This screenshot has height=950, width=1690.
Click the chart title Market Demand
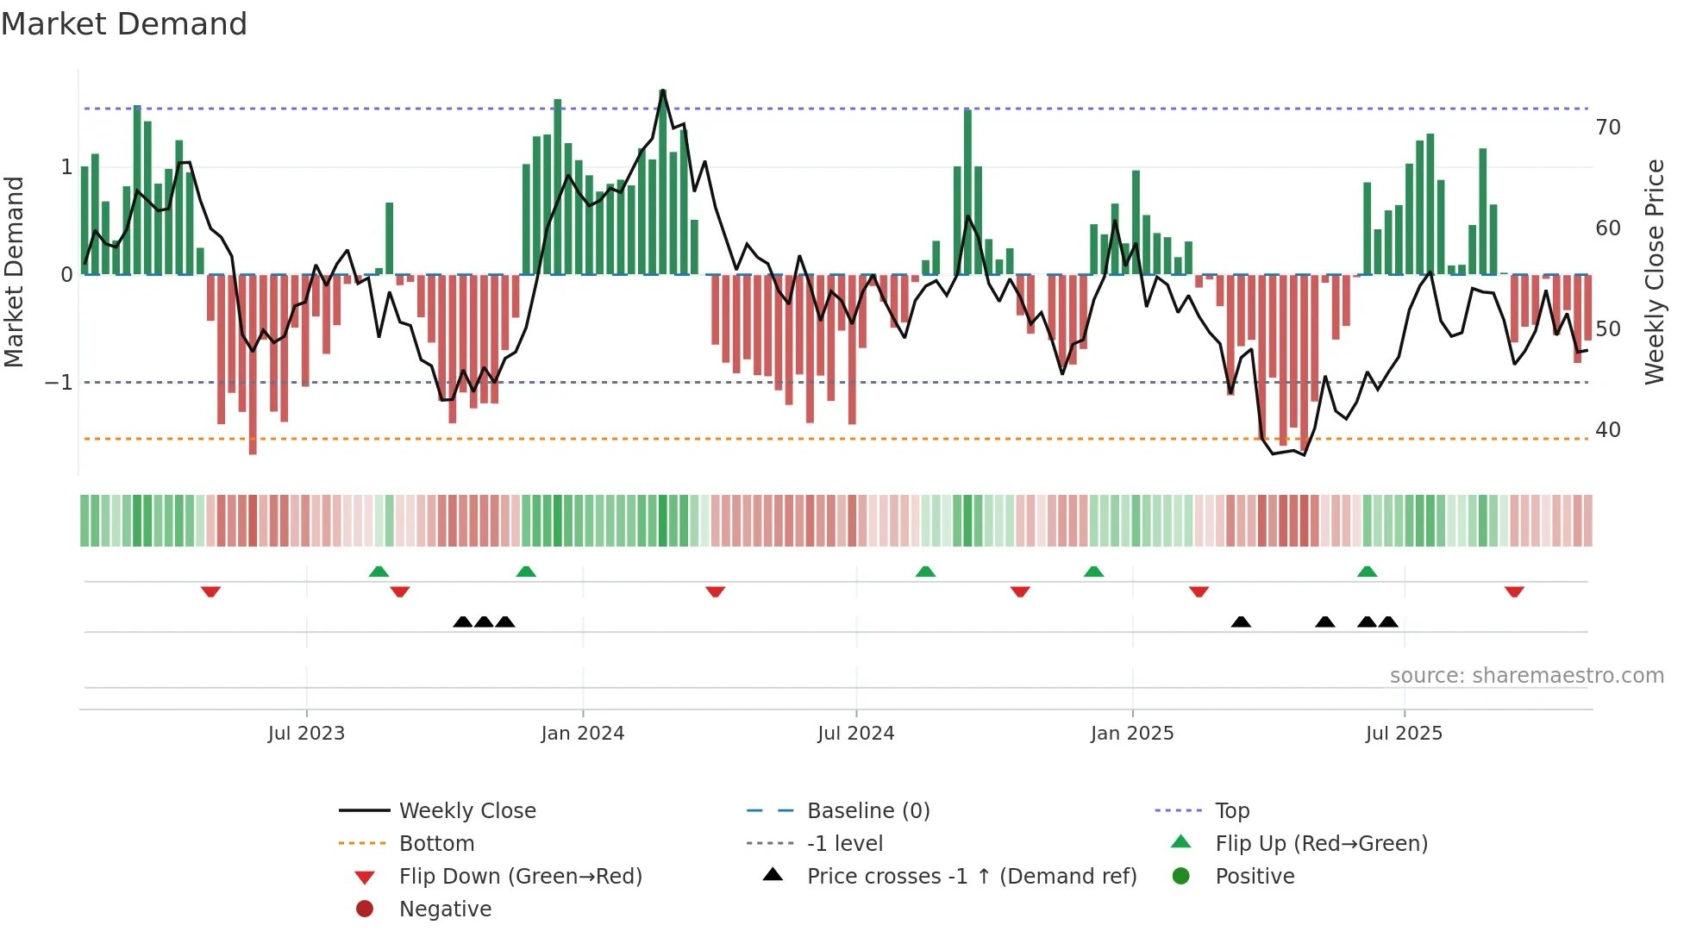(124, 24)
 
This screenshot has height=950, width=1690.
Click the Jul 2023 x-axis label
(306, 734)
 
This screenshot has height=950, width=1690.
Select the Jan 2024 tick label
(583, 734)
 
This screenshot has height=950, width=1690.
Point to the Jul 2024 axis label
(856, 734)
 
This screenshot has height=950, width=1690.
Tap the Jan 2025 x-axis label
(1132, 734)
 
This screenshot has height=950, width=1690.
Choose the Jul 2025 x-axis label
(1404, 734)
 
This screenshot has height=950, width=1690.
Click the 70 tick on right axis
(1608, 128)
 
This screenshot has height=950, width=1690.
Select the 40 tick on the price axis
(1608, 430)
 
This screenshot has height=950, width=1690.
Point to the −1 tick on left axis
(59, 382)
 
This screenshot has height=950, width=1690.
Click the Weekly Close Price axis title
(1654, 272)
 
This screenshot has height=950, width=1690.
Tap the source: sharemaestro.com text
(1526, 676)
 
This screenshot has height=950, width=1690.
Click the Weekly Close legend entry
(467, 811)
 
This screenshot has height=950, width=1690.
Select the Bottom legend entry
(436, 844)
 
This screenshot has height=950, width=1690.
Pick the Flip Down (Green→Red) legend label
(520, 877)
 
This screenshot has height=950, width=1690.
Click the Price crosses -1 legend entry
(972, 877)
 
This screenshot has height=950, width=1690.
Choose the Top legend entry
(1232, 811)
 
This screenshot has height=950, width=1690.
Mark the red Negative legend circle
(365, 909)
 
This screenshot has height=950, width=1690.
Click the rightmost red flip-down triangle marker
(1514, 591)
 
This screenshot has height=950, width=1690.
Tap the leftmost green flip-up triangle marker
(379, 572)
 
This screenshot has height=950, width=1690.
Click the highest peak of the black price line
(662, 91)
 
